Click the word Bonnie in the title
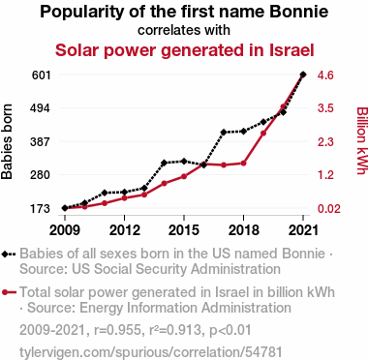[x=298, y=12]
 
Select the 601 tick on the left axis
[x=42, y=75]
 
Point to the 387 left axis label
[x=40, y=142]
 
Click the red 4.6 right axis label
[x=325, y=75]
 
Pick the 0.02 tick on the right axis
[x=329, y=209]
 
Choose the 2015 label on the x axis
[x=184, y=230]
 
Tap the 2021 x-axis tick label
[x=303, y=230]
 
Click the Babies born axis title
[x=7, y=142]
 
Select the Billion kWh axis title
[x=361, y=140]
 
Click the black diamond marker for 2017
[x=224, y=133]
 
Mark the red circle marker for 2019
[x=263, y=134]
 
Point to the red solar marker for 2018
[x=243, y=164]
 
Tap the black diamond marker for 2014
[x=164, y=163]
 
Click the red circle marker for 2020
[x=283, y=106]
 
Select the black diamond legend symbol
[x=9, y=255]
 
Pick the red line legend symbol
[x=9, y=292]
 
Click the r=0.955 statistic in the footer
[x=117, y=330]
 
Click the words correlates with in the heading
[x=184, y=30]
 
